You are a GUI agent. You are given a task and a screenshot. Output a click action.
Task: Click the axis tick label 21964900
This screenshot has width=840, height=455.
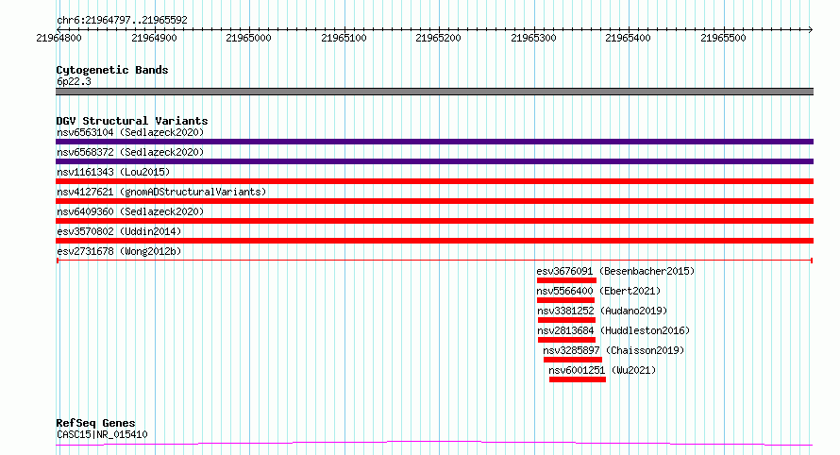[x=154, y=38]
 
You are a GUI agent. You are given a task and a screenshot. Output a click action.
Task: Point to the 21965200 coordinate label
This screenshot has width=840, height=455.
[x=438, y=38]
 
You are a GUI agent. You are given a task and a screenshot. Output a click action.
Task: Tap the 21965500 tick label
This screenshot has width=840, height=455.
[x=723, y=38]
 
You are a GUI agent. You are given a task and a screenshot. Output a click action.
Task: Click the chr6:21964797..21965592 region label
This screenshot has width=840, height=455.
[x=122, y=21]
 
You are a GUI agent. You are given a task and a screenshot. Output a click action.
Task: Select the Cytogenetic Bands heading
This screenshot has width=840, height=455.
[x=112, y=70]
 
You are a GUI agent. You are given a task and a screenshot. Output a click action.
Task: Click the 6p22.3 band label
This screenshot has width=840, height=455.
[x=74, y=81]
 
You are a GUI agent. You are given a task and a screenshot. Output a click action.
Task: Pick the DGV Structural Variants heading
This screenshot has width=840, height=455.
[x=132, y=121]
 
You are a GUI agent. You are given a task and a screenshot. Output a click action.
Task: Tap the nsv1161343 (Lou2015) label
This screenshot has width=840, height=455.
[x=113, y=172]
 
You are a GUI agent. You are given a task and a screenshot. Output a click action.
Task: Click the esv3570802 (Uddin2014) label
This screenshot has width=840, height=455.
[x=119, y=231]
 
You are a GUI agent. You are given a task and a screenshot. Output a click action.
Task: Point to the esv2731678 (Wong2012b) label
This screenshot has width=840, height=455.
[x=119, y=251]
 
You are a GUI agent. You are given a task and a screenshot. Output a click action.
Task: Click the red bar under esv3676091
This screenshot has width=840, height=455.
[x=566, y=280]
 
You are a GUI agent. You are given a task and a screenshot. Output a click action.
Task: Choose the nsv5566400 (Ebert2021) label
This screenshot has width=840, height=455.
[x=598, y=291]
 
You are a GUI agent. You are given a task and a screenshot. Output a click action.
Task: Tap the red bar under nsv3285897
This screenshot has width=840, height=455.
[x=573, y=360]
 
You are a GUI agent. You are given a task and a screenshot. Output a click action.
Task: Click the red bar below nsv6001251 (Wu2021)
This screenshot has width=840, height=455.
[x=578, y=379]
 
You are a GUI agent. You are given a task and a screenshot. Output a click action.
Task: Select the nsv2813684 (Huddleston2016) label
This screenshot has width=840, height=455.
[x=613, y=330]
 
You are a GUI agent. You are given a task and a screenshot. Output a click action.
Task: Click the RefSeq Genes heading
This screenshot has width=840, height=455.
[x=95, y=423]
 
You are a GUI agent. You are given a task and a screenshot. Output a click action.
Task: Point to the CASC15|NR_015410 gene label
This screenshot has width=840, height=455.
[x=102, y=434]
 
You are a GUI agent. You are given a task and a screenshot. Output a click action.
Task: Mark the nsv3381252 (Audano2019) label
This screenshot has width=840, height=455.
[x=602, y=311]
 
